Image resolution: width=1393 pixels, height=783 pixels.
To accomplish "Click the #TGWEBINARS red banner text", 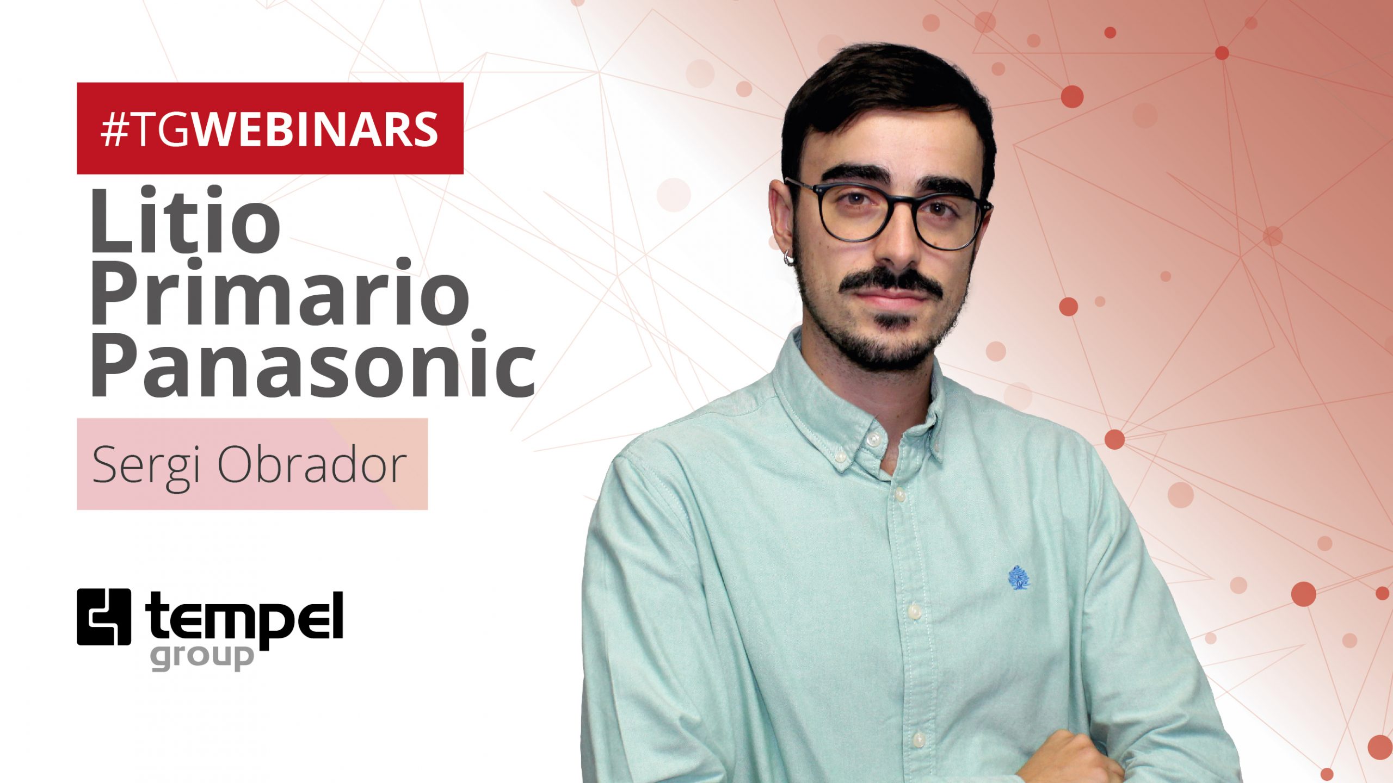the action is tap(270, 129).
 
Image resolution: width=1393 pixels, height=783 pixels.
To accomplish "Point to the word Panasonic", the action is tap(313, 364).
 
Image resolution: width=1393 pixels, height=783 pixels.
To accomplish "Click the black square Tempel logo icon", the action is tap(104, 617).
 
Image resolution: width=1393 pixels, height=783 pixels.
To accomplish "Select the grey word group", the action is tap(202, 657).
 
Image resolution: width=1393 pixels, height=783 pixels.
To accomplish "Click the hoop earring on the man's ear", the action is tap(788, 257).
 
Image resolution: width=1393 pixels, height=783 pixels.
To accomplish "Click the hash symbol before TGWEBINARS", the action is tap(113, 130).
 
